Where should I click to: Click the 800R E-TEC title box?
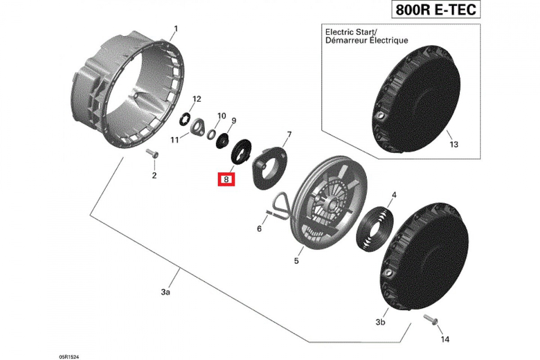(x=435, y=10)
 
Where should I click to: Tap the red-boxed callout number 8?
(x=227, y=179)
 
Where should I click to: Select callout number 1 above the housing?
(x=176, y=29)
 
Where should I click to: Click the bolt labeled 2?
(x=152, y=154)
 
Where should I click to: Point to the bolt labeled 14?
(x=431, y=320)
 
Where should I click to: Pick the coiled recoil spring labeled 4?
(x=375, y=227)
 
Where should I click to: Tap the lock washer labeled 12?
(x=184, y=118)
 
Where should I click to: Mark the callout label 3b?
(x=380, y=322)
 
